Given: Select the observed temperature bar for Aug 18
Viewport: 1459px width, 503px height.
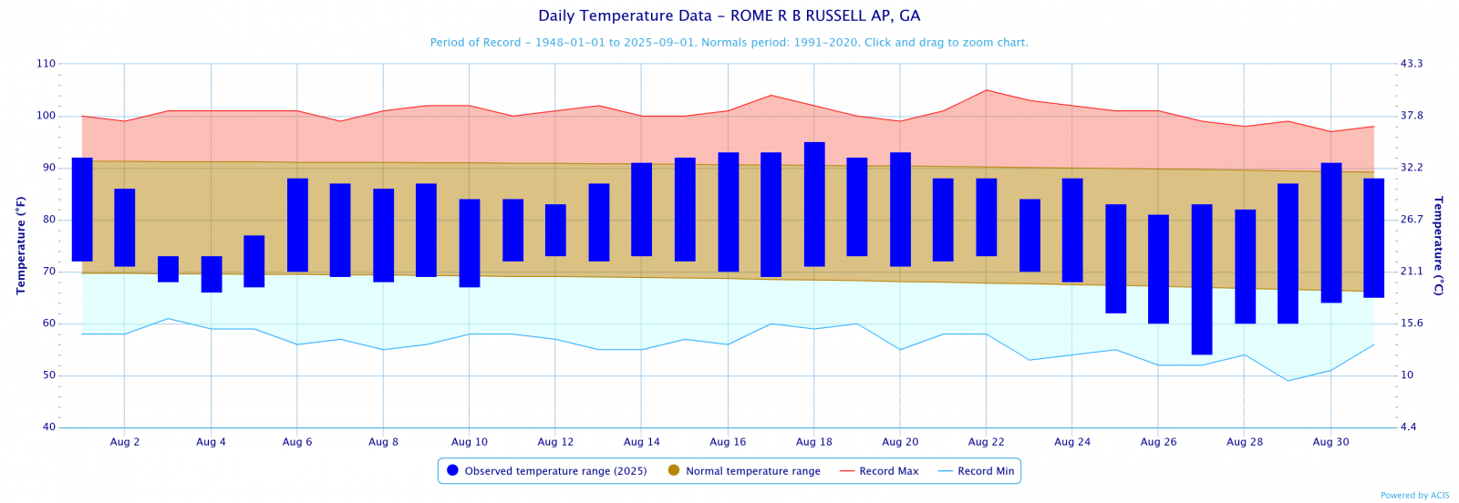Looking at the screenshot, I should (x=814, y=204).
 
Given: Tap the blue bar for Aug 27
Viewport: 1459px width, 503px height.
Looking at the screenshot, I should (x=1202, y=279).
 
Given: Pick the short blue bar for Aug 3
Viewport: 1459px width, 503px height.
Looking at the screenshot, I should (x=168, y=269).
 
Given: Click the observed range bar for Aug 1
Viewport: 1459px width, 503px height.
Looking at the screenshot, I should (x=82, y=210).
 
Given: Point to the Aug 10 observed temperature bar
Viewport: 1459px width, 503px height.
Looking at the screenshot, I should (x=470, y=242).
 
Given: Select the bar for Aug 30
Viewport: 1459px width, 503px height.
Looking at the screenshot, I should (x=1331, y=232).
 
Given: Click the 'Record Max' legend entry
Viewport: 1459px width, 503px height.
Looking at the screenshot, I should (x=879, y=471).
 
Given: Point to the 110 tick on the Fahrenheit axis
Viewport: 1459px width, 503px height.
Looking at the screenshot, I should (x=46, y=64).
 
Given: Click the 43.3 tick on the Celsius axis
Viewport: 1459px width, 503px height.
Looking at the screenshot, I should (x=1412, y=64).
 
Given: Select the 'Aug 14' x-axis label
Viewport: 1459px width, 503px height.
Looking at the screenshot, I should (x=642, y=442).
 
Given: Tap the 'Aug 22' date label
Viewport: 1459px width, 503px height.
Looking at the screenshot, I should (x=986, y=442).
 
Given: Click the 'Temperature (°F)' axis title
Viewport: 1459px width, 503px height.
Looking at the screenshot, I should (x=21, y=245).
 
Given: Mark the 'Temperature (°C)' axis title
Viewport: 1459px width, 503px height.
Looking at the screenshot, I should (x=1438, y=245).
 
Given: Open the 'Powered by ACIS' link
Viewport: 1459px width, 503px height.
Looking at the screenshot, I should (x=1414, y=496).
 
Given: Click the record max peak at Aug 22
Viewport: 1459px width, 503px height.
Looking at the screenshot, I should (x=986, y=90).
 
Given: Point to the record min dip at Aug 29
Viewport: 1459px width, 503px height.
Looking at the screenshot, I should (x=1288, y=380).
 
